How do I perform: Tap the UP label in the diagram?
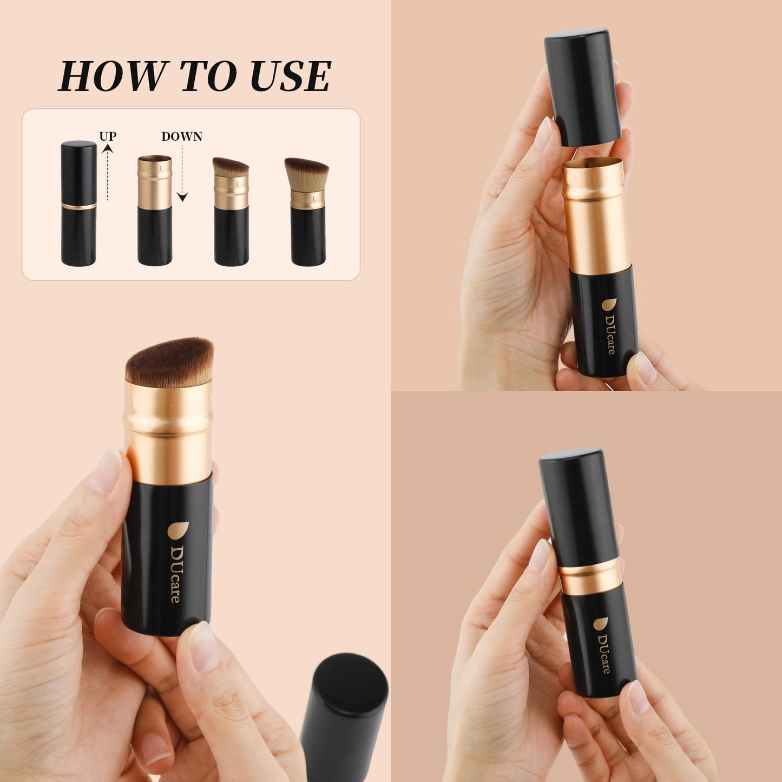[x=108, y=136]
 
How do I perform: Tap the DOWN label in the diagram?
[x=182, y=136]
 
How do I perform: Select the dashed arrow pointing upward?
[x=108, y=173]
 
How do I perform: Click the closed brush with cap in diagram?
[x=79, y=203]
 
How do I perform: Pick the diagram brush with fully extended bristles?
[x=307, y=212]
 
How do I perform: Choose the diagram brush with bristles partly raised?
[x=231, y=212]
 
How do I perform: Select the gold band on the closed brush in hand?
[x=590, y=575]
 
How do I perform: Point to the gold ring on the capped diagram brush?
[x=79, y=206]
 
